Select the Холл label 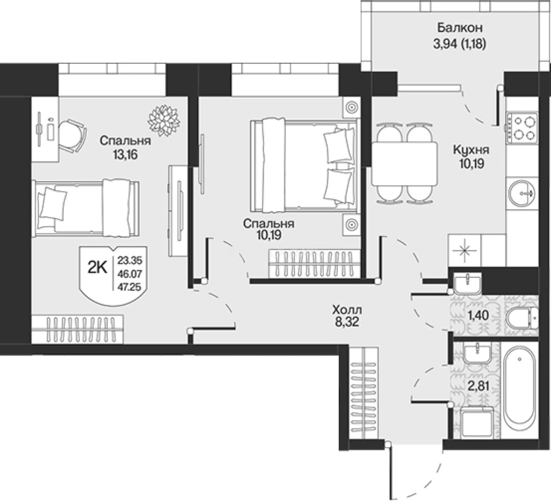[x=347, y=310]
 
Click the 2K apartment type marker [x=97, y=269]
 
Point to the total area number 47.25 [x=130, y=287]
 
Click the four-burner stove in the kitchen [x=522, y=128]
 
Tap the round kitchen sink [x=522, y=193]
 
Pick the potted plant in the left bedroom [x=164, y=120]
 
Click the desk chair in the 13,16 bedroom [x=72, y=135]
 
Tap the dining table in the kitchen [x=405, y=163]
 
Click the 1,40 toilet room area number [x=478, y=315]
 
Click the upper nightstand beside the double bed [x=351, y=107]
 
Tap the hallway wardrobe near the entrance [x=364, y=393]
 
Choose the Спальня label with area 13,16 [x=125, y=141]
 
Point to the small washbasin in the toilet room [x=468, y=284]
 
